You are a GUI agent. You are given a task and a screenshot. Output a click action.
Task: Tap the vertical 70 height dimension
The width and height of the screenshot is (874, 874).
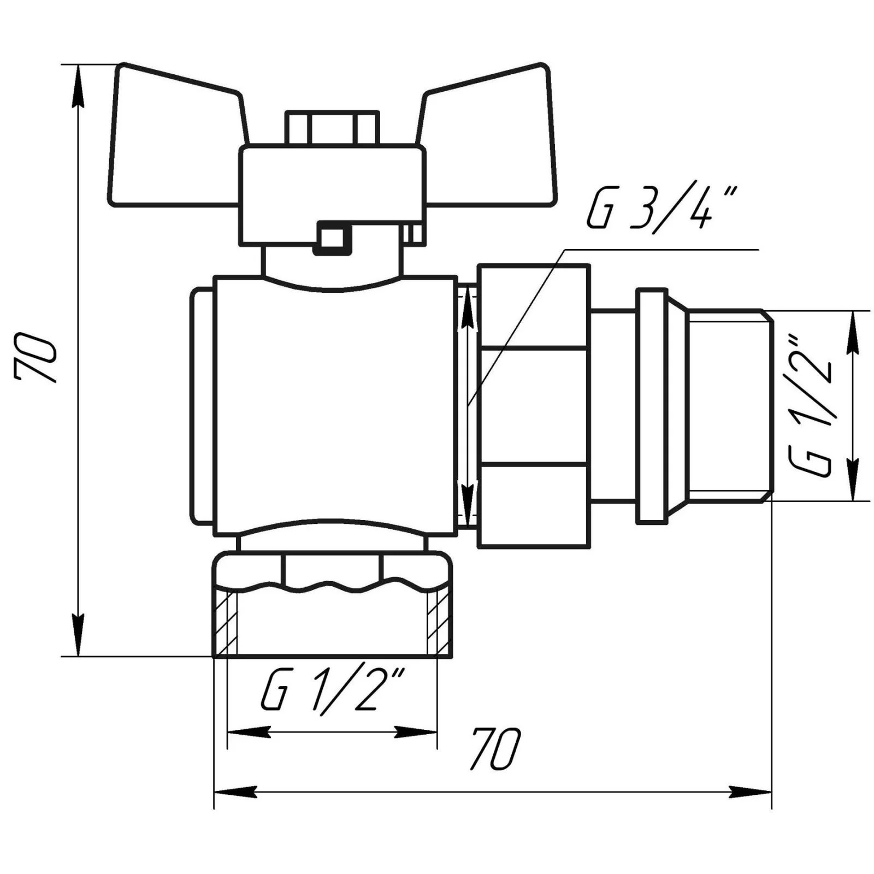[36, 359]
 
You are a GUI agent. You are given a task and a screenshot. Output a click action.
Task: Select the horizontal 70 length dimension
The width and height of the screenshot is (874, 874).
[496, 748]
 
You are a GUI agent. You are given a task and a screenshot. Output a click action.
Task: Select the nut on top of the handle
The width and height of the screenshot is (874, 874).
[332, 128]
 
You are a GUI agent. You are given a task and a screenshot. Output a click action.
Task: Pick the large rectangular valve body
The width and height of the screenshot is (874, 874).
[335, 405]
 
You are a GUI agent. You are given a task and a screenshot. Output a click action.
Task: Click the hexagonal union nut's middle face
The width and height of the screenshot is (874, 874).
[534, 405]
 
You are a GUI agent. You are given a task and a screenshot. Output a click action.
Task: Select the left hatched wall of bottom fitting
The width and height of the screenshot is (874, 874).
[226, 623]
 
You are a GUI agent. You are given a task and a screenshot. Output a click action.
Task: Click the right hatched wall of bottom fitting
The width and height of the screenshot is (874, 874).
[439, 623]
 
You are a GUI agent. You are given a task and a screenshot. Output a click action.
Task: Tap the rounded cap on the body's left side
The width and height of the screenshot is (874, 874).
[202, 405]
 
